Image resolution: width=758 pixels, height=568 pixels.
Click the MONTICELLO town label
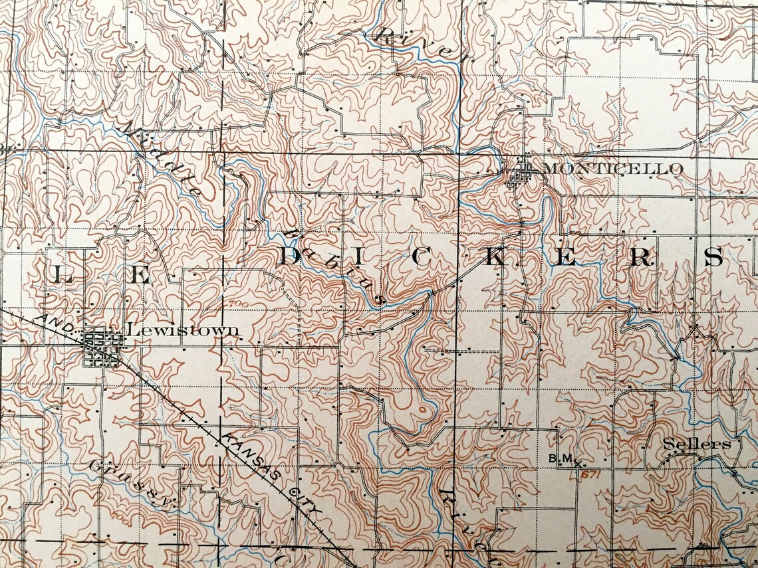click(x=612, y=169)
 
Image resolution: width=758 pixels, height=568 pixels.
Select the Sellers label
click(x=696, y=444)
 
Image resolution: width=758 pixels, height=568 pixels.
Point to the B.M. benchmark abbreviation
click(x=561, y=458)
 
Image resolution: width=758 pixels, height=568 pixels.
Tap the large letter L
click(x=62, y=274)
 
